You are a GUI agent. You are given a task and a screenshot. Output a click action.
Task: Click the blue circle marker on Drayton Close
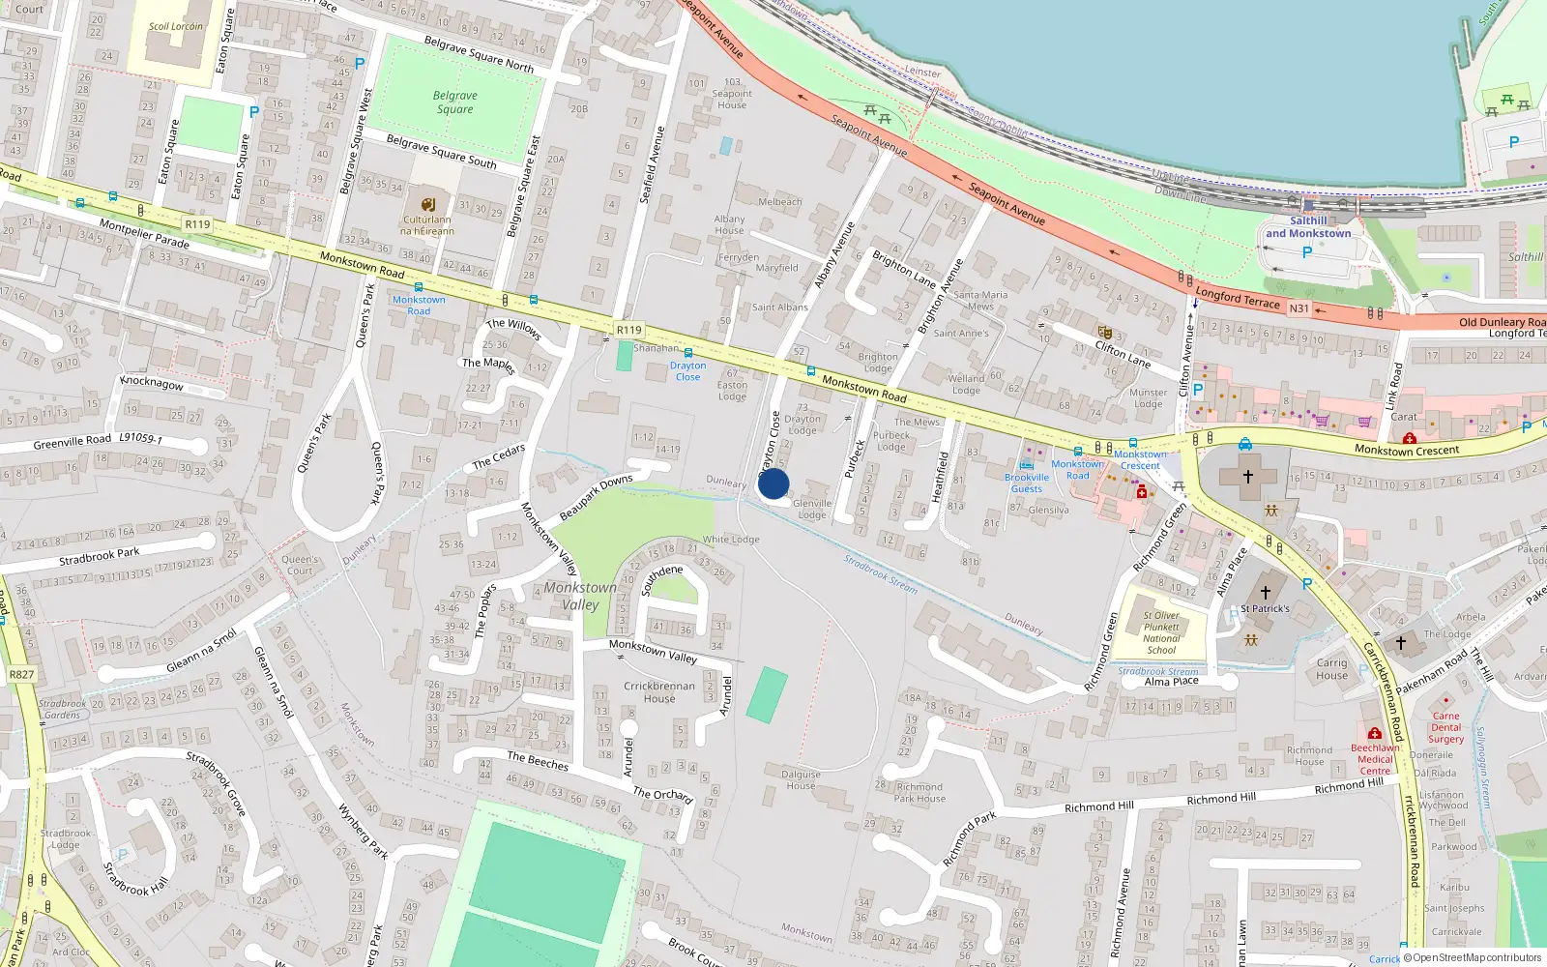(x=773, y=483)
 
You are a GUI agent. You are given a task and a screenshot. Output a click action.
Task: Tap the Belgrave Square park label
(x=454, y=103)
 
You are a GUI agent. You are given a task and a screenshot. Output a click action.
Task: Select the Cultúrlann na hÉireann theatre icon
(x=428, y=204)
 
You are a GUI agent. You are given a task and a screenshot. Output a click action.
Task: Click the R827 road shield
(x=21, y=675)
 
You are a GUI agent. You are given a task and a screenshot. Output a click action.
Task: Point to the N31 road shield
(x=1299, y=308)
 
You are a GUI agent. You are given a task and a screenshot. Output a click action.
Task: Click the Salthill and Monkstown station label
(x=1308, y=227)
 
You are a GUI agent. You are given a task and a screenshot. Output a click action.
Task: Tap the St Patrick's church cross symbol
(x=1265, y=593)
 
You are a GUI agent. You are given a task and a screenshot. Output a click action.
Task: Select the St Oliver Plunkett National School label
(x=1161, y=632)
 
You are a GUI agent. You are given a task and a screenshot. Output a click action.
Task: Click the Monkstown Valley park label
(x=580, y=596)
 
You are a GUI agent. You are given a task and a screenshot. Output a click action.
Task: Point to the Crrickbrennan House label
(x=659, y=692)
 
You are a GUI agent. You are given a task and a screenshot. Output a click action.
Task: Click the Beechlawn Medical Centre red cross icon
(x=1374, y=734)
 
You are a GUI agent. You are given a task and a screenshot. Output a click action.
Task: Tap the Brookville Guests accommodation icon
(x=1026, y=465)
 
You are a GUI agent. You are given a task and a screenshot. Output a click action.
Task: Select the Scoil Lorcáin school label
(x=176, y=26)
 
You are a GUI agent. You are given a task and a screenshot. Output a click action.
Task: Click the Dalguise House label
(x=801, y=779)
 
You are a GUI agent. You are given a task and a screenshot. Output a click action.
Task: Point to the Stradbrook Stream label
(x=880, y=573)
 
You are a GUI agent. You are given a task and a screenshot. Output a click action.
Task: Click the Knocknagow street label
(x=152, y=382)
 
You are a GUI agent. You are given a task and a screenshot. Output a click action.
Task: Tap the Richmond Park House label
(x=919, y=793)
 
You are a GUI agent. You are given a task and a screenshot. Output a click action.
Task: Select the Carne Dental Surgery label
(x=1445, y=727)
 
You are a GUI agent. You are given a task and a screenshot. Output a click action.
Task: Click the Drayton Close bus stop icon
(x=688, y=353)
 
